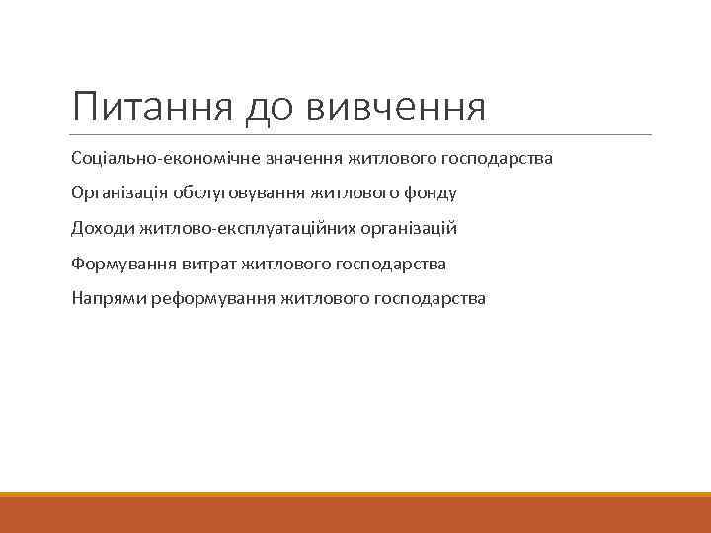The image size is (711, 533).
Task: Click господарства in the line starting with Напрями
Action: (x=431, y=299)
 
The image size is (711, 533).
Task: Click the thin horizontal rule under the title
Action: (x=361, y=135)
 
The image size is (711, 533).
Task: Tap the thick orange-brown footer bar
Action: (x=355, y=514)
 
